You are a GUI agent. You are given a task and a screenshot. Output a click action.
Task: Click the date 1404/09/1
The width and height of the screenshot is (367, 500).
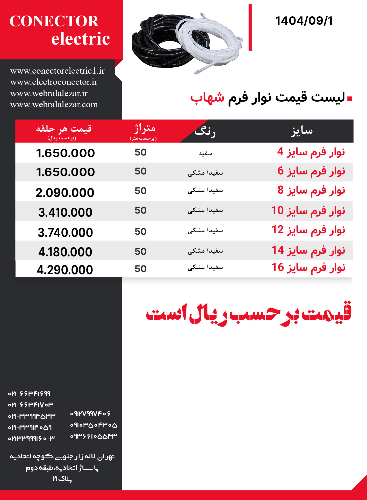(x=304, y=21)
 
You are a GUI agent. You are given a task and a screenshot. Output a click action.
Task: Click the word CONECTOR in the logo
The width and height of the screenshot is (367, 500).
(x=54, y=21)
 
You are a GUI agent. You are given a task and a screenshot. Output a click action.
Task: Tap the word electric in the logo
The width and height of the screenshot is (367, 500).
(x=81, y=39)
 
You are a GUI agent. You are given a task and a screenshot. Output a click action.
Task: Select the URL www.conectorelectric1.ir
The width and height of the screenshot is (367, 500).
(x=57, y=71)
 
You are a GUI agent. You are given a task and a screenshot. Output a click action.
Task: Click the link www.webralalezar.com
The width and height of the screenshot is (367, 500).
(x=54, y=104)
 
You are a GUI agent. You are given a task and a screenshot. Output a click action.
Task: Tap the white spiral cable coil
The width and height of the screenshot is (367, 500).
(x=210, y=41)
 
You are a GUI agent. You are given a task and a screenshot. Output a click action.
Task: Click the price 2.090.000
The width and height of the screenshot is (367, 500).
(x=65, y=193)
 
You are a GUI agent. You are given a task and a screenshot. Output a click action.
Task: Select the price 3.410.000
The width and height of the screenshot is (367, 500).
(x=65, y=213)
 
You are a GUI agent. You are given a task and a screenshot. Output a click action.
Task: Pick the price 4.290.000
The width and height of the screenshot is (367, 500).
(x=65, y=270)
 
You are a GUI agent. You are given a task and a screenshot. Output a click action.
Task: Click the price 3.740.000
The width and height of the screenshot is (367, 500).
(x=65, y=233)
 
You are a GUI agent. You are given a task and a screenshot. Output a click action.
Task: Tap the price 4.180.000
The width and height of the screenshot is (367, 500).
(x=65, y=252)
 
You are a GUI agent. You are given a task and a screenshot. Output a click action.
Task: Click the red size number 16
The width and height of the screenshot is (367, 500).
(x=278, y=267)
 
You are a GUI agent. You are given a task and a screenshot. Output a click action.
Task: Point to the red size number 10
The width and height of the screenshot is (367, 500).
(x=277, y=210)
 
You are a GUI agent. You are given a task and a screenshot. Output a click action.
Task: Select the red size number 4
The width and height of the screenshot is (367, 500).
(x=280, y=152)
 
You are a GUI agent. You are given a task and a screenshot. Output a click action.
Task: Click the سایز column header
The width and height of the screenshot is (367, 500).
(x=302, y=131)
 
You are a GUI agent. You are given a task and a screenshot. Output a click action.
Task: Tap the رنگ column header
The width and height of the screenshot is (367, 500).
(x=205, y=132)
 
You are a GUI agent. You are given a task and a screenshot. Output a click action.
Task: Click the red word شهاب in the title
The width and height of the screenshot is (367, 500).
(x=207, y=97)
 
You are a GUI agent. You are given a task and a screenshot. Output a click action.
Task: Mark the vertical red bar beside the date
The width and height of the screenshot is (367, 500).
(x=250, y=27)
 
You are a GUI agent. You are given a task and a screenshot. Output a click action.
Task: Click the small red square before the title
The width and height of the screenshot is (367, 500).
(x=350, y=98)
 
